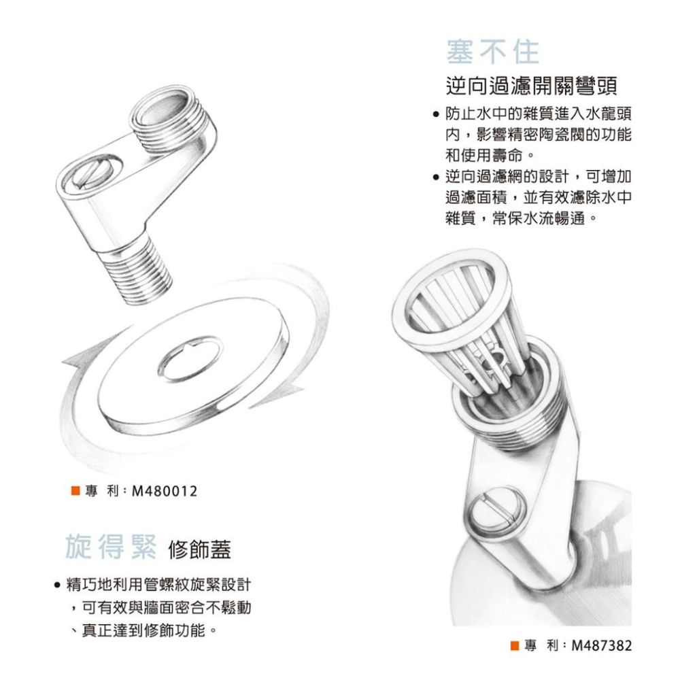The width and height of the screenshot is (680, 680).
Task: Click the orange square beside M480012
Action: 75,490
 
